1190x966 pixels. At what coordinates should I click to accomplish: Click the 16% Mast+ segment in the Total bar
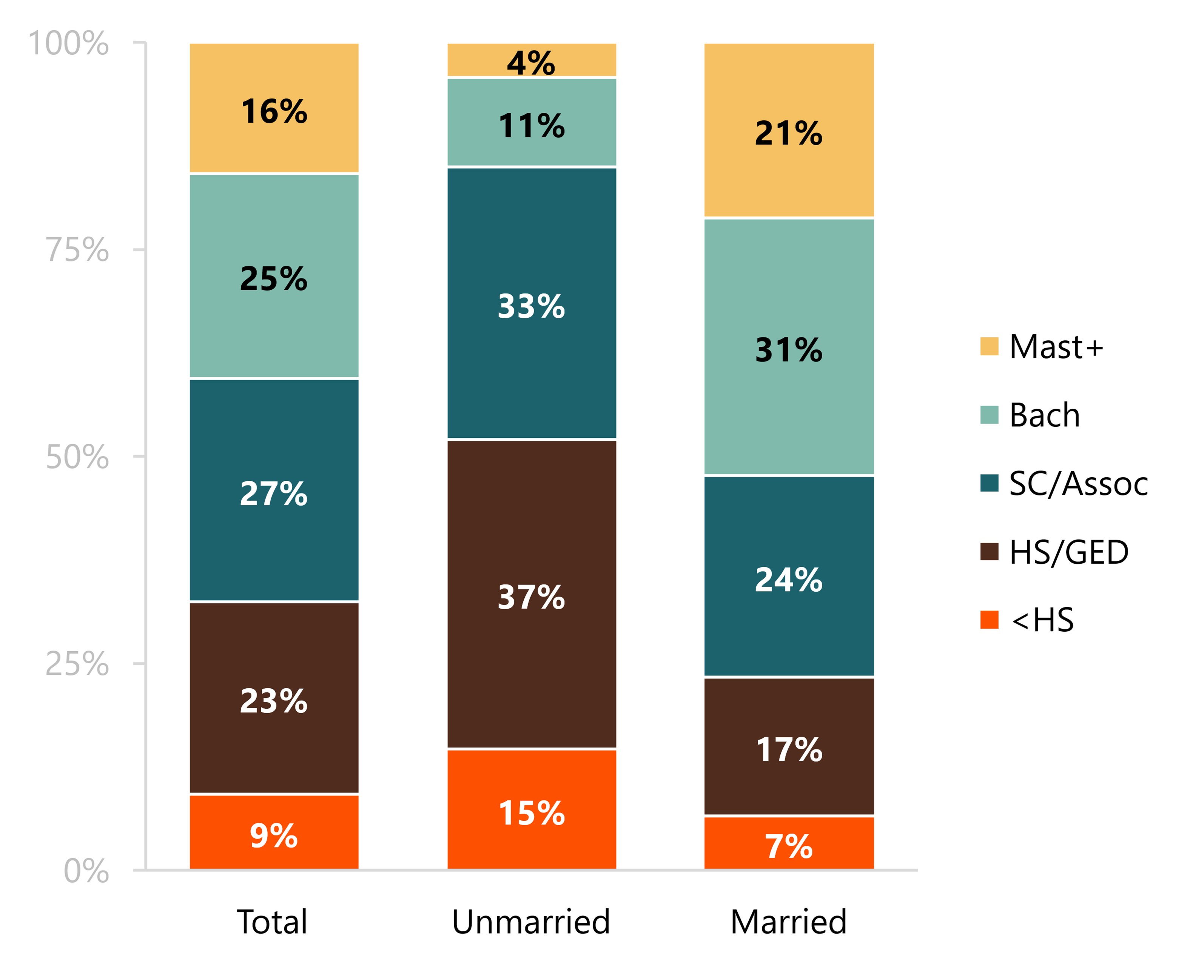tap(274, 108)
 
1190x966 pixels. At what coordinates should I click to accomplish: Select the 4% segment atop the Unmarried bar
tap(532, 60)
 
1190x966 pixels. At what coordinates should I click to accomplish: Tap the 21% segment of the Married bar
tap(789, 130)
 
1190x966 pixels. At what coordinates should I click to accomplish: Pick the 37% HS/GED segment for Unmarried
tap(532, 594)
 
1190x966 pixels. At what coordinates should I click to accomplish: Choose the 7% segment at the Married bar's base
tap(789, 843)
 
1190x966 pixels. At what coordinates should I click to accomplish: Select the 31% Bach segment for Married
tap(789, 347)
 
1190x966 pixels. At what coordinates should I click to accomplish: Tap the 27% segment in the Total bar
tap(274, 490)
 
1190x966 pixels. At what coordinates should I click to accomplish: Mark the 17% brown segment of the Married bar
tap(789, 746)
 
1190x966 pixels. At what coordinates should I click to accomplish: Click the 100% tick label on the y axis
tap(68, 43)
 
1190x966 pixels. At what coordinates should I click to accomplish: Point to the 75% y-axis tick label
tap(77, 249)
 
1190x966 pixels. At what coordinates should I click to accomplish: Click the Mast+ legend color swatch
tap(989, 346)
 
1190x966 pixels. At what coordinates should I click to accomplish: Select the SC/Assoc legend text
tap(1079, 483)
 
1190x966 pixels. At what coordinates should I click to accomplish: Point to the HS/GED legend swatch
tap(989, 551)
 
